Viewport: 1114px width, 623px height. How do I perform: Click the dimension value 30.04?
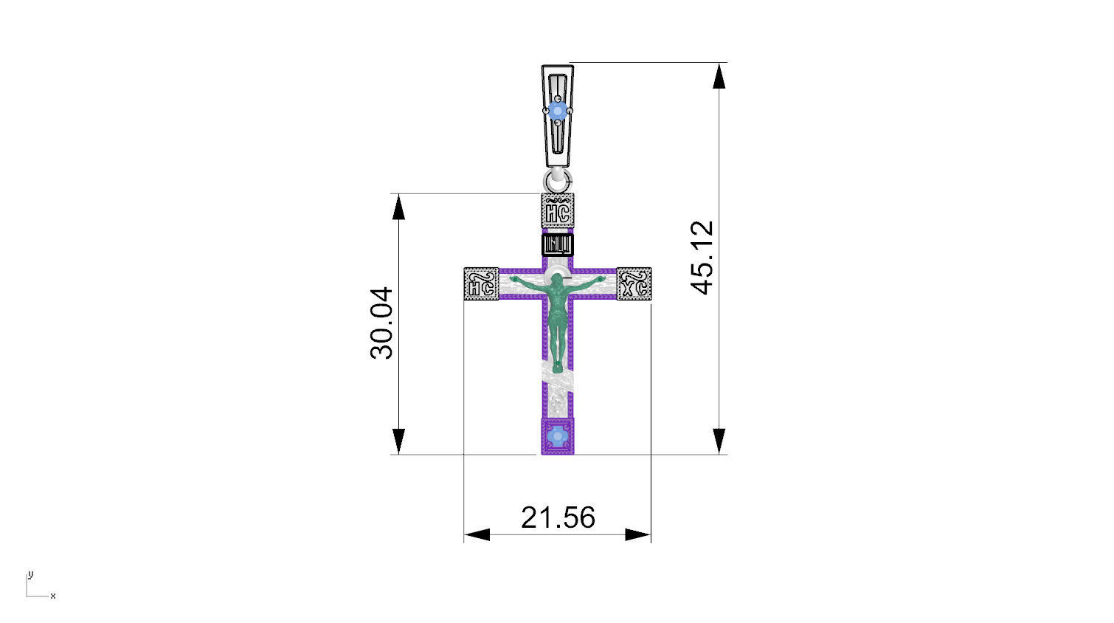[382, 323]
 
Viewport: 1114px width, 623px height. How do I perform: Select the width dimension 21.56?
[558, 517]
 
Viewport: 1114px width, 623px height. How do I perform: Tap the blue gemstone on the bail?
[558, 111]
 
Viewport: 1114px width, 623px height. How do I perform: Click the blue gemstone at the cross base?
[558, 437]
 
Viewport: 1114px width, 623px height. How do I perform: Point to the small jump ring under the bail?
[558, 180]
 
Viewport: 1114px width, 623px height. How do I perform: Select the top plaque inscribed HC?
[558, 210]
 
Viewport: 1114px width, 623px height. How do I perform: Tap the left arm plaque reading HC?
[481, 285]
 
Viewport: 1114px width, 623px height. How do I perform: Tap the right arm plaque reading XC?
[634, 285]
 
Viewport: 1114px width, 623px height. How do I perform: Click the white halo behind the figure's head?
[558, 274]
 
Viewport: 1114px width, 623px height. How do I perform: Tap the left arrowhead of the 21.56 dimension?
[477, 534]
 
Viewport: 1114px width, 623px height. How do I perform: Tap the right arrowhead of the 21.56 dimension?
[638, 534]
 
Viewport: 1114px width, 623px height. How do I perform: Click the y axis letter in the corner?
[30, 574]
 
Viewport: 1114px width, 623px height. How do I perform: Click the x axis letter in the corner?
[53, 596]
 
